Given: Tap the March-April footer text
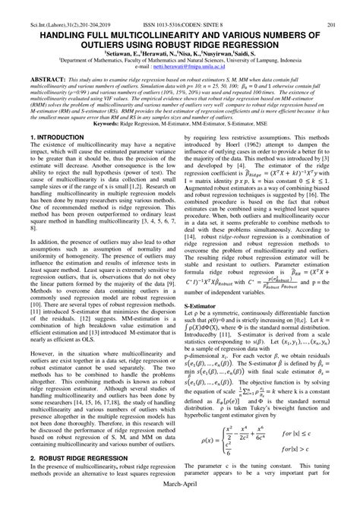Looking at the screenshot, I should click(x=179, y=503).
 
